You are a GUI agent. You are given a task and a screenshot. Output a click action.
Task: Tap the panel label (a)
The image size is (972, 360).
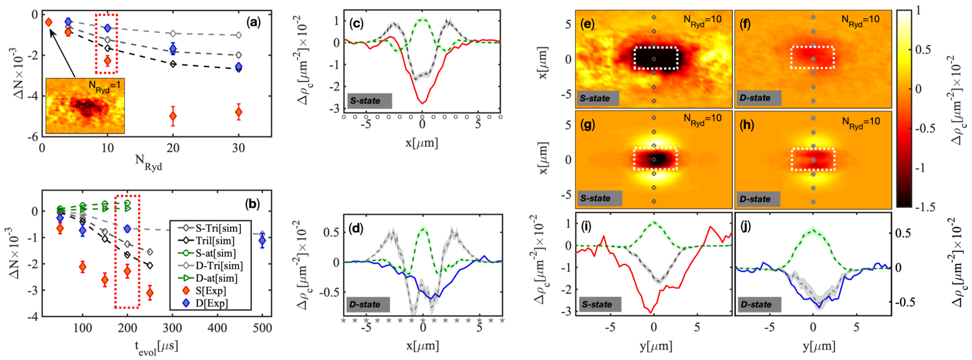253,22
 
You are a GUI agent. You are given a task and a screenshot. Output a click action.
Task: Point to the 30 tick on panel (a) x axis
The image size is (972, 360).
238,148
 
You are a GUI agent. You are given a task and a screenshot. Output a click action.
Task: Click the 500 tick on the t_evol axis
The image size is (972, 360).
262,328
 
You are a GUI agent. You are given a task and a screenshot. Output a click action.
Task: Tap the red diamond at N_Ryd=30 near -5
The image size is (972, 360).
238,111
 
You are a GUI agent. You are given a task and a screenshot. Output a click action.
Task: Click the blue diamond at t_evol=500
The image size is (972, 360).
262,240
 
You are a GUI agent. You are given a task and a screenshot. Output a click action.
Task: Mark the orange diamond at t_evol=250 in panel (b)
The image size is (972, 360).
150,293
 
